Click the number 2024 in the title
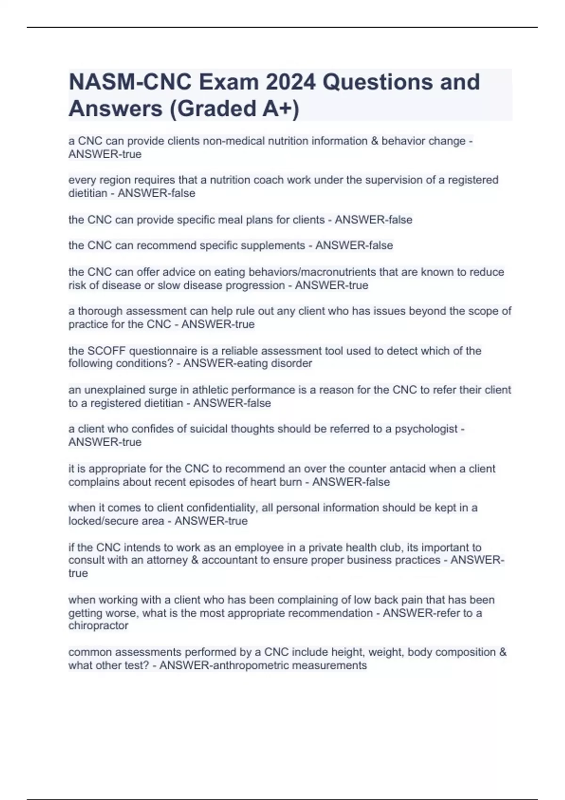290,82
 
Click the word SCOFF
106,351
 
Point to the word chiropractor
98,626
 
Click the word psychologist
426,429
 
